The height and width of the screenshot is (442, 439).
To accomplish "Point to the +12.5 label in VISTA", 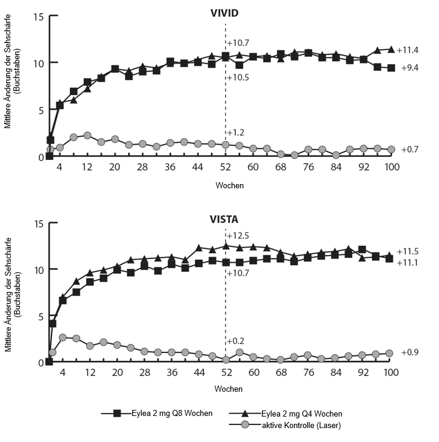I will tap(238, 235).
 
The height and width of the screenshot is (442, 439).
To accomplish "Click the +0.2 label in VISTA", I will tap(236, 341).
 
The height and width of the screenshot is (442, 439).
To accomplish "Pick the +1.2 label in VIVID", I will tap(236, 133).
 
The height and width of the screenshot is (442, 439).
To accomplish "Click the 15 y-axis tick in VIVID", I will tap(38, 16).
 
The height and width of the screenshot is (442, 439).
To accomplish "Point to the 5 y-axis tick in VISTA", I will tap(40, 315).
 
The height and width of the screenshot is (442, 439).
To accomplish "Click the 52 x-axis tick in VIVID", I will tap(226, 167).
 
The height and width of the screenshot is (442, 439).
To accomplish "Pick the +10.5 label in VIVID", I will tap(238, 77).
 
